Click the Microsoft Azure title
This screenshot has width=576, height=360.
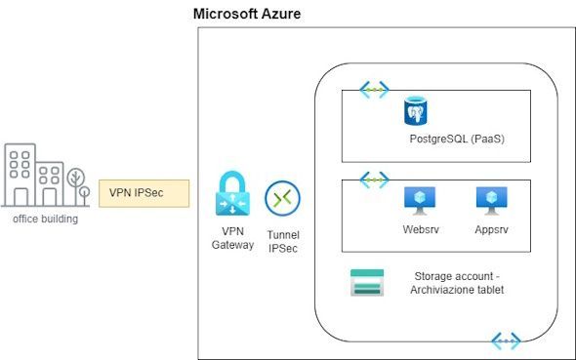247,14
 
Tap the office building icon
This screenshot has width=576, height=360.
46,175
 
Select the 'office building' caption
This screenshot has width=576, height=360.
46,219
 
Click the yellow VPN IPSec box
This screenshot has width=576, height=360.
144,193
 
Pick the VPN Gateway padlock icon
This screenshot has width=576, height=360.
232,193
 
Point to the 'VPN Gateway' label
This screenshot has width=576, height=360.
232,238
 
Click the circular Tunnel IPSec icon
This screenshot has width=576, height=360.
282,198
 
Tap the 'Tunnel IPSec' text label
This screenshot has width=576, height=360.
283,242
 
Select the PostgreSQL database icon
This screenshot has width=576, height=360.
416,111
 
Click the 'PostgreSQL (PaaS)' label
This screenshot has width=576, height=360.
457,140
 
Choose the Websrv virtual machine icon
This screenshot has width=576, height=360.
420,201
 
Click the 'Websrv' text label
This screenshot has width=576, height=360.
421,229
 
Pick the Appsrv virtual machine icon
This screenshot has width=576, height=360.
491,201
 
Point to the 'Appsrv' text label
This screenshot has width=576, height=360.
491,229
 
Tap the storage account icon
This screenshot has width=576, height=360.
367,283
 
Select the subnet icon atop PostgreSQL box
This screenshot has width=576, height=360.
374,90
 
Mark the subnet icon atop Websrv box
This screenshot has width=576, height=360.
374,180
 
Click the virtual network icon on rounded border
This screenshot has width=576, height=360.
506,340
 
